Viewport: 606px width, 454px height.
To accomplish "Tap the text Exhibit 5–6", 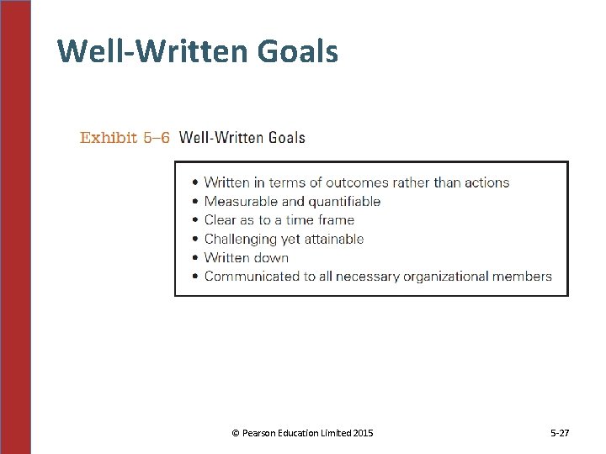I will click(x=125, y=138).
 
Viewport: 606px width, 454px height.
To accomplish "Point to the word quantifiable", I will click(x=344, y=202).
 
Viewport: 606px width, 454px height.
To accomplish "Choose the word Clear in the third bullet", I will click(x=221, y=220).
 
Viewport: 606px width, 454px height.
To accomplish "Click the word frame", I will click(x=335, y=220).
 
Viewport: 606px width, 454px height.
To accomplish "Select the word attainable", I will click(x=333, y=239).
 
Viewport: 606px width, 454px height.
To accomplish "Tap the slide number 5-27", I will click(x=560, y=433).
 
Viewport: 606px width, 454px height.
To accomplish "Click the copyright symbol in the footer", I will click(x=236, y=433).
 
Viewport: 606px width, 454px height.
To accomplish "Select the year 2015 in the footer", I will click(x=363, y=433).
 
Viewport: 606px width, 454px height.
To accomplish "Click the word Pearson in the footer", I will click(x=259, y=433).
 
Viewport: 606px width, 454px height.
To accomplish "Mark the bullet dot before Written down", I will click(x=195, y=258).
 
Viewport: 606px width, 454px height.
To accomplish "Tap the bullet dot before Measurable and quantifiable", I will click(x=195, y=202).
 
